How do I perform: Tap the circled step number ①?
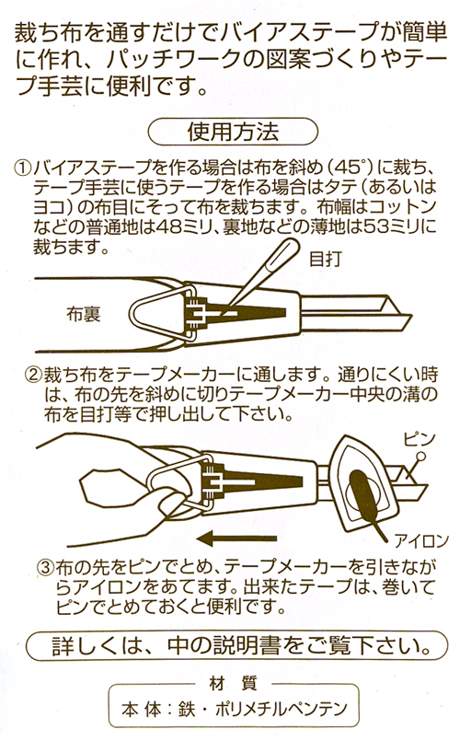coord(21,169)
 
